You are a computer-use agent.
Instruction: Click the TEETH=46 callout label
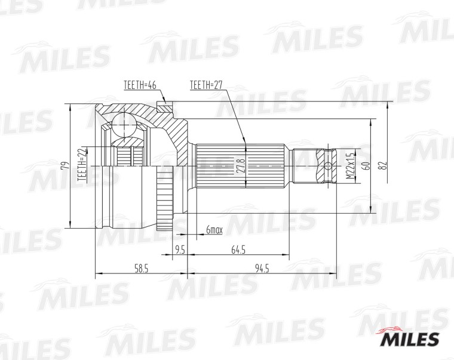coord(140,85)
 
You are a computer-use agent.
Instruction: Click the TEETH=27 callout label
coord(206,85)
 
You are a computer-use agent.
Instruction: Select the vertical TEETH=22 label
coord(83,164)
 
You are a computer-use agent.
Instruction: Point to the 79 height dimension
coord(66,165)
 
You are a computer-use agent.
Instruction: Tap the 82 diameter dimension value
coord(384,166)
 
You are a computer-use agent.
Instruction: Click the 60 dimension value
coord(366,166)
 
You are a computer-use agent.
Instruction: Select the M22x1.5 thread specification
coord(351,166)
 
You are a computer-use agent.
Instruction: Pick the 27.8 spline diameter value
coord(242,166)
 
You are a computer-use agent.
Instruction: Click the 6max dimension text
coord(214,230)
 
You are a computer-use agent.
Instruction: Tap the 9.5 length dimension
coord(180,250)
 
